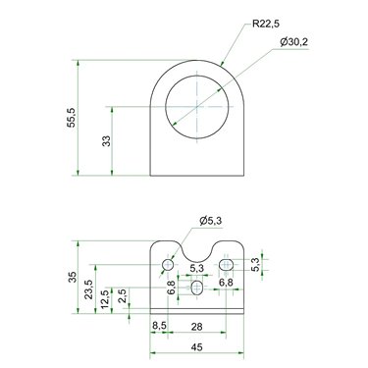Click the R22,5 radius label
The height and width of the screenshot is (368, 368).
point(266,24)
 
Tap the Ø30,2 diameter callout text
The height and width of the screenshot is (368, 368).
point(294,42)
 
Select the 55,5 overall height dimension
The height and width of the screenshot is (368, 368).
point(71,117)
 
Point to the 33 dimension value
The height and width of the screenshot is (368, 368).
point(107,141)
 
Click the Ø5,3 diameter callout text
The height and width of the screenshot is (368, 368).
point(211,221)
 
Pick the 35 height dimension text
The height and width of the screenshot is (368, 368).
point(73,277)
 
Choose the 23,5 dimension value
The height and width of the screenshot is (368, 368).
point(89,289)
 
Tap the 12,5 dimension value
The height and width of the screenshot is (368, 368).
point(105,299)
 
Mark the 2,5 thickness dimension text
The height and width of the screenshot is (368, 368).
point(123,295)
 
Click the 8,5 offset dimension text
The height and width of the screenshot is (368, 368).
point(159,326)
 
